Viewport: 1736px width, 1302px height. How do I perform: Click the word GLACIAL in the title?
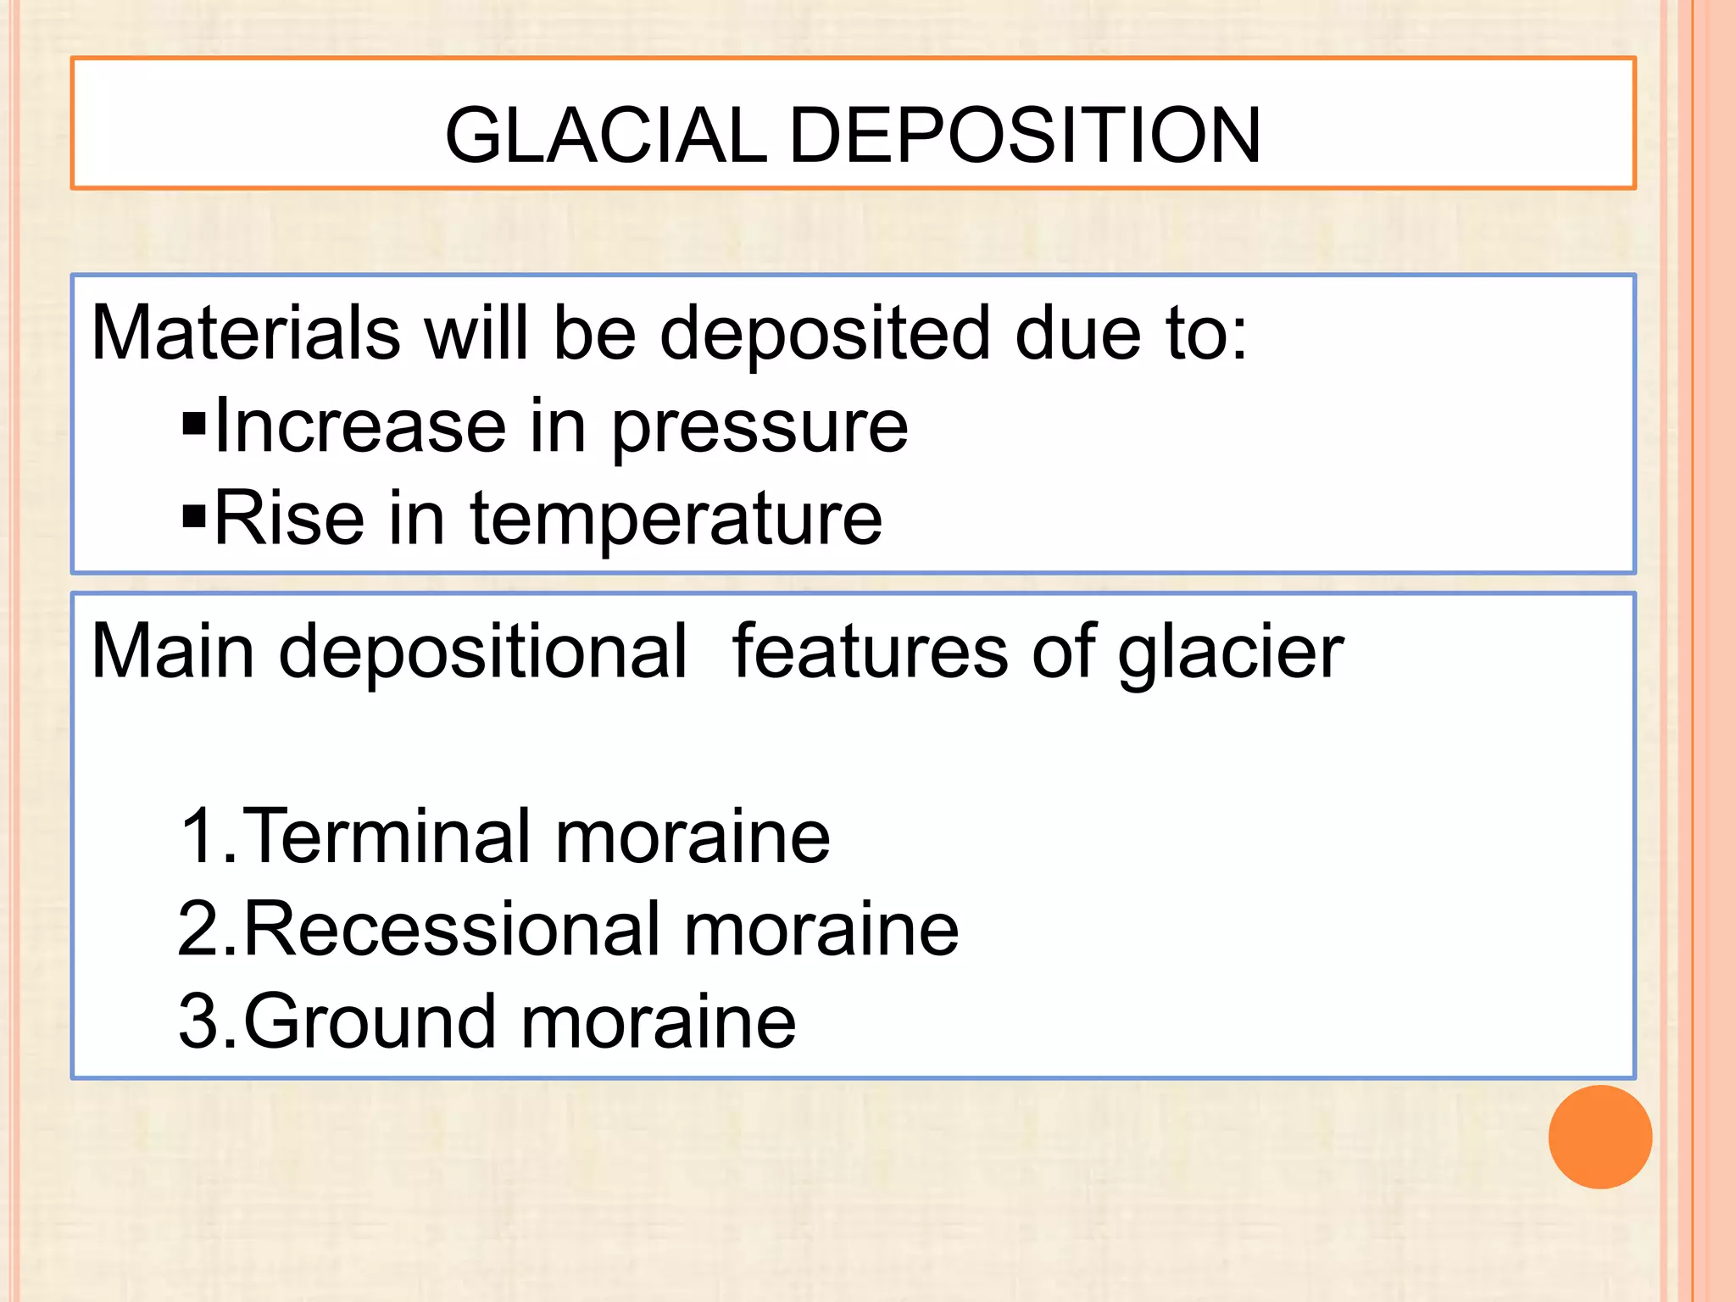click(x=605, y=136)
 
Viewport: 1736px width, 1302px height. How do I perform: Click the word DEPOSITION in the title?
click(x=1025, y=136)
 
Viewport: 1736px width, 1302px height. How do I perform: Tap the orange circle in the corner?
click(x=1600, y=1137)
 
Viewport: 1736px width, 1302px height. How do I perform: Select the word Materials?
click(x=246, y=332)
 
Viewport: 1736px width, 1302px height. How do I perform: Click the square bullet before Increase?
click(x=194, y=422)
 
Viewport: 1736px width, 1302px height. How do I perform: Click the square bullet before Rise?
click(x=194, y=515)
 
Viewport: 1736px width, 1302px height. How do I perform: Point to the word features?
click(x=869, y=651)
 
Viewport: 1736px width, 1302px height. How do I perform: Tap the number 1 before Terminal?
click(x=202, y=837)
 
